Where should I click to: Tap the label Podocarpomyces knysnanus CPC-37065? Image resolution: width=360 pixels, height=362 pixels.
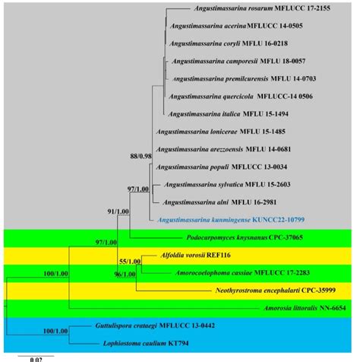pyautogui.click(x=220, y=237)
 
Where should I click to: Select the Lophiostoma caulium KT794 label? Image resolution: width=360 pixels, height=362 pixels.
pyautogui.click(x=141, y=344)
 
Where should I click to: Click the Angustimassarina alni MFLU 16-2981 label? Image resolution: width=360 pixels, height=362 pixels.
pyautogui.click(x=223, y=202)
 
